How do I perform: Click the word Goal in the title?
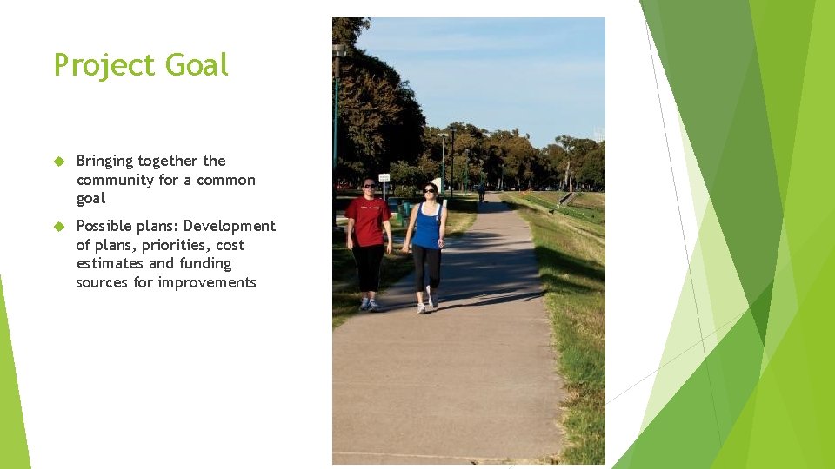pyautogui.click(x=197, y=65)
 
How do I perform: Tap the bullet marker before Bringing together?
pyautogui.click(x=59, y=162)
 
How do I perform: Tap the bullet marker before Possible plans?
pyautogui.click(x=59, y=227)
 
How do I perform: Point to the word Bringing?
pyautogui.click(x=105, y=161)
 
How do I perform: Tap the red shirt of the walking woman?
pyautogui.click(x=368, y=221)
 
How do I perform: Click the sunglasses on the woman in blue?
pyautogui.click(x=429, y=189)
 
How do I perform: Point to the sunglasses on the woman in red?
pyautogui.click(x=369, y=186)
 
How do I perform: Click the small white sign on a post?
pyautogui.click(x=384, y=177)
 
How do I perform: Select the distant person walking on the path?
pyautogui.click(x=481, y=192)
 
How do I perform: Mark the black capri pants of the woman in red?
pyautogui.click(x=369, y=268)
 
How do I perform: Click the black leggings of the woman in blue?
pyautogui.click(x=426, y=268)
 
